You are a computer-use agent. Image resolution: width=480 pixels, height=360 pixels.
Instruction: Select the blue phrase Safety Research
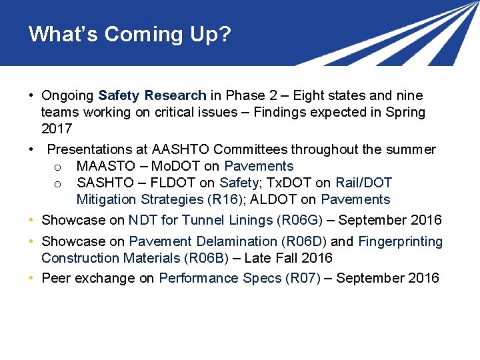(x=152, y=95)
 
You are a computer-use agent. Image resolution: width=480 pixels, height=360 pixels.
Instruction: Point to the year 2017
(x=57, y=129)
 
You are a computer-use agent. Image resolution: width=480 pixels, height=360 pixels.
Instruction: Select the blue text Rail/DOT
(x=363, y=183)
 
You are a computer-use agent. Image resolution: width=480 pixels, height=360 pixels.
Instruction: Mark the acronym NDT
(x=142, y=220)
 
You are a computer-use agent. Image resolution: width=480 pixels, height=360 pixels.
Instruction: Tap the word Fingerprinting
(x=401, y=241)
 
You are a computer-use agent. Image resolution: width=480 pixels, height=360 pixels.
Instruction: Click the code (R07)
(x=303, y=278)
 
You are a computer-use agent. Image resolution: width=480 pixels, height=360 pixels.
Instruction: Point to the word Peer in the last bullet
(x=55, y=278)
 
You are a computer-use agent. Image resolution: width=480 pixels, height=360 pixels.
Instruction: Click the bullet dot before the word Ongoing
(x=31, y=95)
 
